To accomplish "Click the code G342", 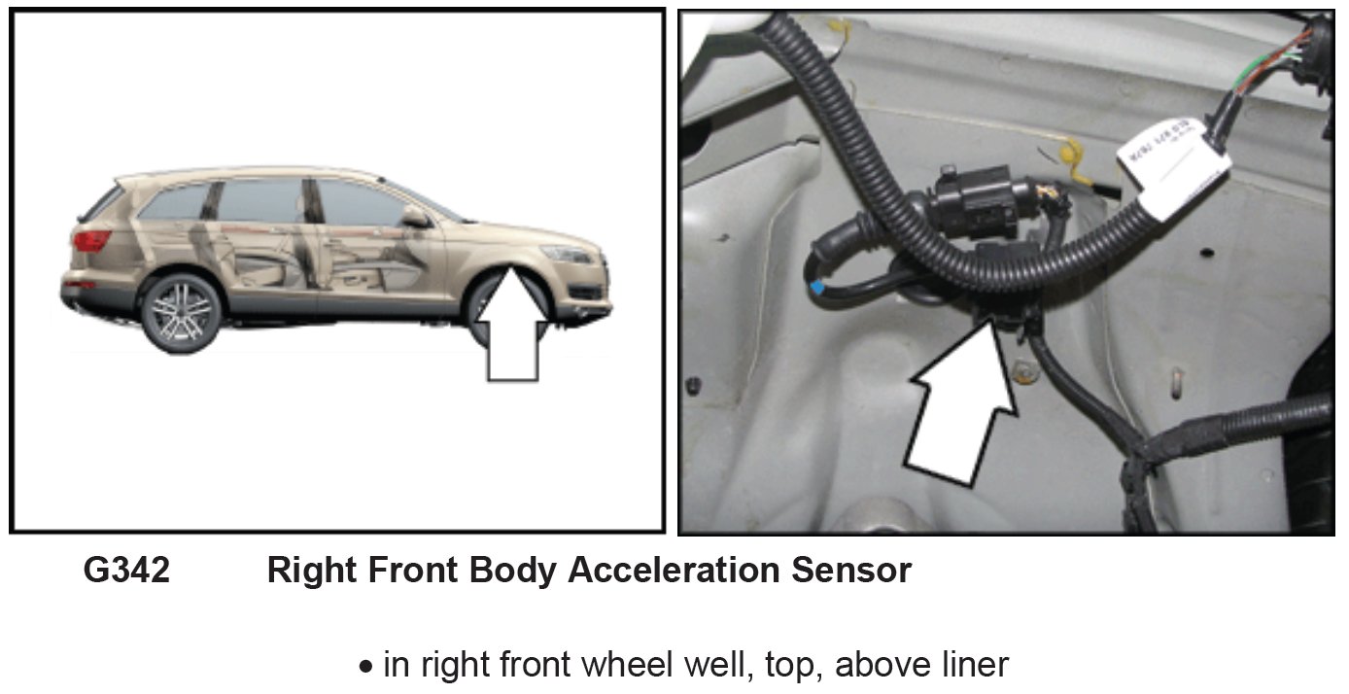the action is (x=126, y=571).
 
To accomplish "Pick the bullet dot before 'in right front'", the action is (x=366, y=668).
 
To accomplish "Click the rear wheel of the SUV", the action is (x=180, y=313).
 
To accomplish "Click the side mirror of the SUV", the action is (x=416, y=217).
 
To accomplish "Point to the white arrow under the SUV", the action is (x=512, y=330).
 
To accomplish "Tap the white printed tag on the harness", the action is (x=1173, y=166).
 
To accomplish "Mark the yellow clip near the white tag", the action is (x=1069, y=156).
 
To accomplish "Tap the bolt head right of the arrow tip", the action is (x=1022, y=370).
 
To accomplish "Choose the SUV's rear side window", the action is (x=175, y=203).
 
